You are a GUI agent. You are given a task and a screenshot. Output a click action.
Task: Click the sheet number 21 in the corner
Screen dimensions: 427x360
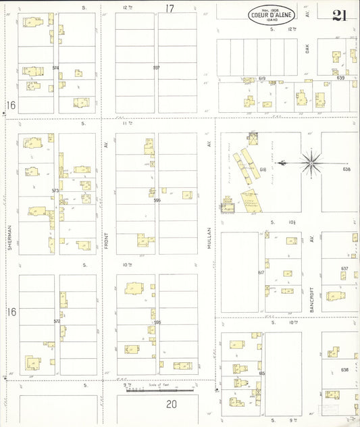point(339,16)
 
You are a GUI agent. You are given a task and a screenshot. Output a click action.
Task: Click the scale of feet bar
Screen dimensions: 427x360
point(159,390)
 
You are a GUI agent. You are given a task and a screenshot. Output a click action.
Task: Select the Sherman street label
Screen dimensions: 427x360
point(9,236)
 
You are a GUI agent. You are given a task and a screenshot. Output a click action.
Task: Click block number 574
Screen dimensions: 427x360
point(55,68)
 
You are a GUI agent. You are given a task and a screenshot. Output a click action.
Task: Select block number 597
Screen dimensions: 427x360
point(157,68)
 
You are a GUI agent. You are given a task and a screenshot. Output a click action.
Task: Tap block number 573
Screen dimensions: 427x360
point(55,191)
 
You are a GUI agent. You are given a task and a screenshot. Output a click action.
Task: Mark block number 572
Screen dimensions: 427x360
point(56,321)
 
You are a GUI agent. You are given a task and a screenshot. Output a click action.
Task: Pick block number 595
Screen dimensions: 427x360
point(157,323)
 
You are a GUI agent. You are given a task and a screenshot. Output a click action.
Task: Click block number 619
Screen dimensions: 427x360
point(261,79)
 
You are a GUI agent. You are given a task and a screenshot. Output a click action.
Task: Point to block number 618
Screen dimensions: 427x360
point(263,170)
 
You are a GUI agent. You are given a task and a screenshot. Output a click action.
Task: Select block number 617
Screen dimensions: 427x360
point(261,273)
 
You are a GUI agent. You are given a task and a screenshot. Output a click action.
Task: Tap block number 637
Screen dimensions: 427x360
point(344,268)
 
